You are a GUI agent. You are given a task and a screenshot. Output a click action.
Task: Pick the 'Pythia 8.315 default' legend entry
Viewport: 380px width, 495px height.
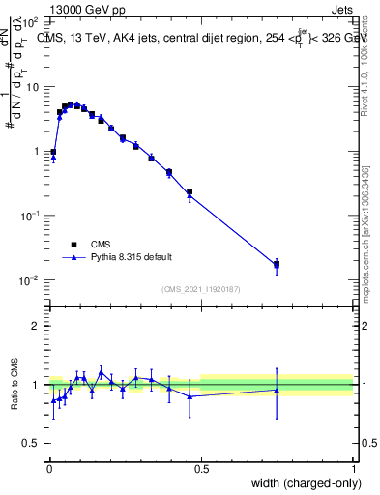click(x=132, y=257)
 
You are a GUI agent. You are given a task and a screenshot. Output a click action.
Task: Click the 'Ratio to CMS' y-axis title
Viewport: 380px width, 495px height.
click(x=16, y=385)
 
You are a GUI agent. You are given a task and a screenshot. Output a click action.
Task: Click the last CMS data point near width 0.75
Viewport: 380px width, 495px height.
click(x=277, y=263)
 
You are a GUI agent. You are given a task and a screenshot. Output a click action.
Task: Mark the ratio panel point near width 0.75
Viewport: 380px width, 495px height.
click(x=277, y=391)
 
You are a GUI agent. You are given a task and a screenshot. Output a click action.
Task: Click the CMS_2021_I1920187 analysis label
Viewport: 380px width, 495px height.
click(x=200, y=289)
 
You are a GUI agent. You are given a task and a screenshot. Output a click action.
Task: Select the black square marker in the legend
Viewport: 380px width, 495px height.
click(x=73, y=245)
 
